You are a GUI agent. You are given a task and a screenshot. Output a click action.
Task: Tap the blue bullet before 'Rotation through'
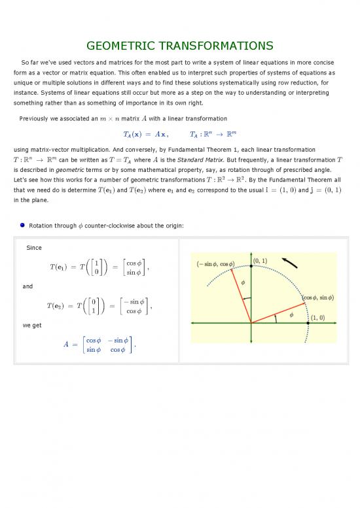(22, 226)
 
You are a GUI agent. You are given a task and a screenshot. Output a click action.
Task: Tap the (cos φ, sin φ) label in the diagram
(317, 297)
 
